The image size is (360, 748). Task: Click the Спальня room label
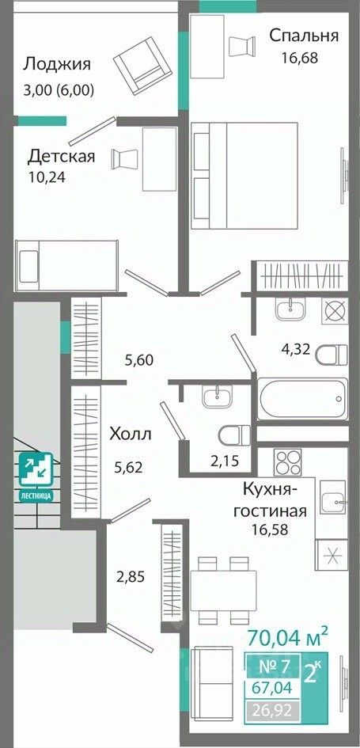pos(304,36)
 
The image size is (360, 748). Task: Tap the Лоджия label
pos(57,64)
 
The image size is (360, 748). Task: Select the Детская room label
pos(62,156)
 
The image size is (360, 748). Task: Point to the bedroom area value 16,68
pos(299,59)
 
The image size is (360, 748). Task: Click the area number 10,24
pos(47,177)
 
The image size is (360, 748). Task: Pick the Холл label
pos(131,435)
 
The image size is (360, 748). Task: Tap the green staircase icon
pos(36,475)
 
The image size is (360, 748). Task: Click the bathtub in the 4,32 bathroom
pos(303,399)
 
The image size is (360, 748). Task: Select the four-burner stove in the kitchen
pos(287,462)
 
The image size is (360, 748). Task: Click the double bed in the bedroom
pos(244,175)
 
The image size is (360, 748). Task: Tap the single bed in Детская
pos(66,265)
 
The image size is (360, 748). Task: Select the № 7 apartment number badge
pos(273,666)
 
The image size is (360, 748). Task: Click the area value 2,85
pos(131,577)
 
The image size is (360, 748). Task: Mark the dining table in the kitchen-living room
pos(224,590)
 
